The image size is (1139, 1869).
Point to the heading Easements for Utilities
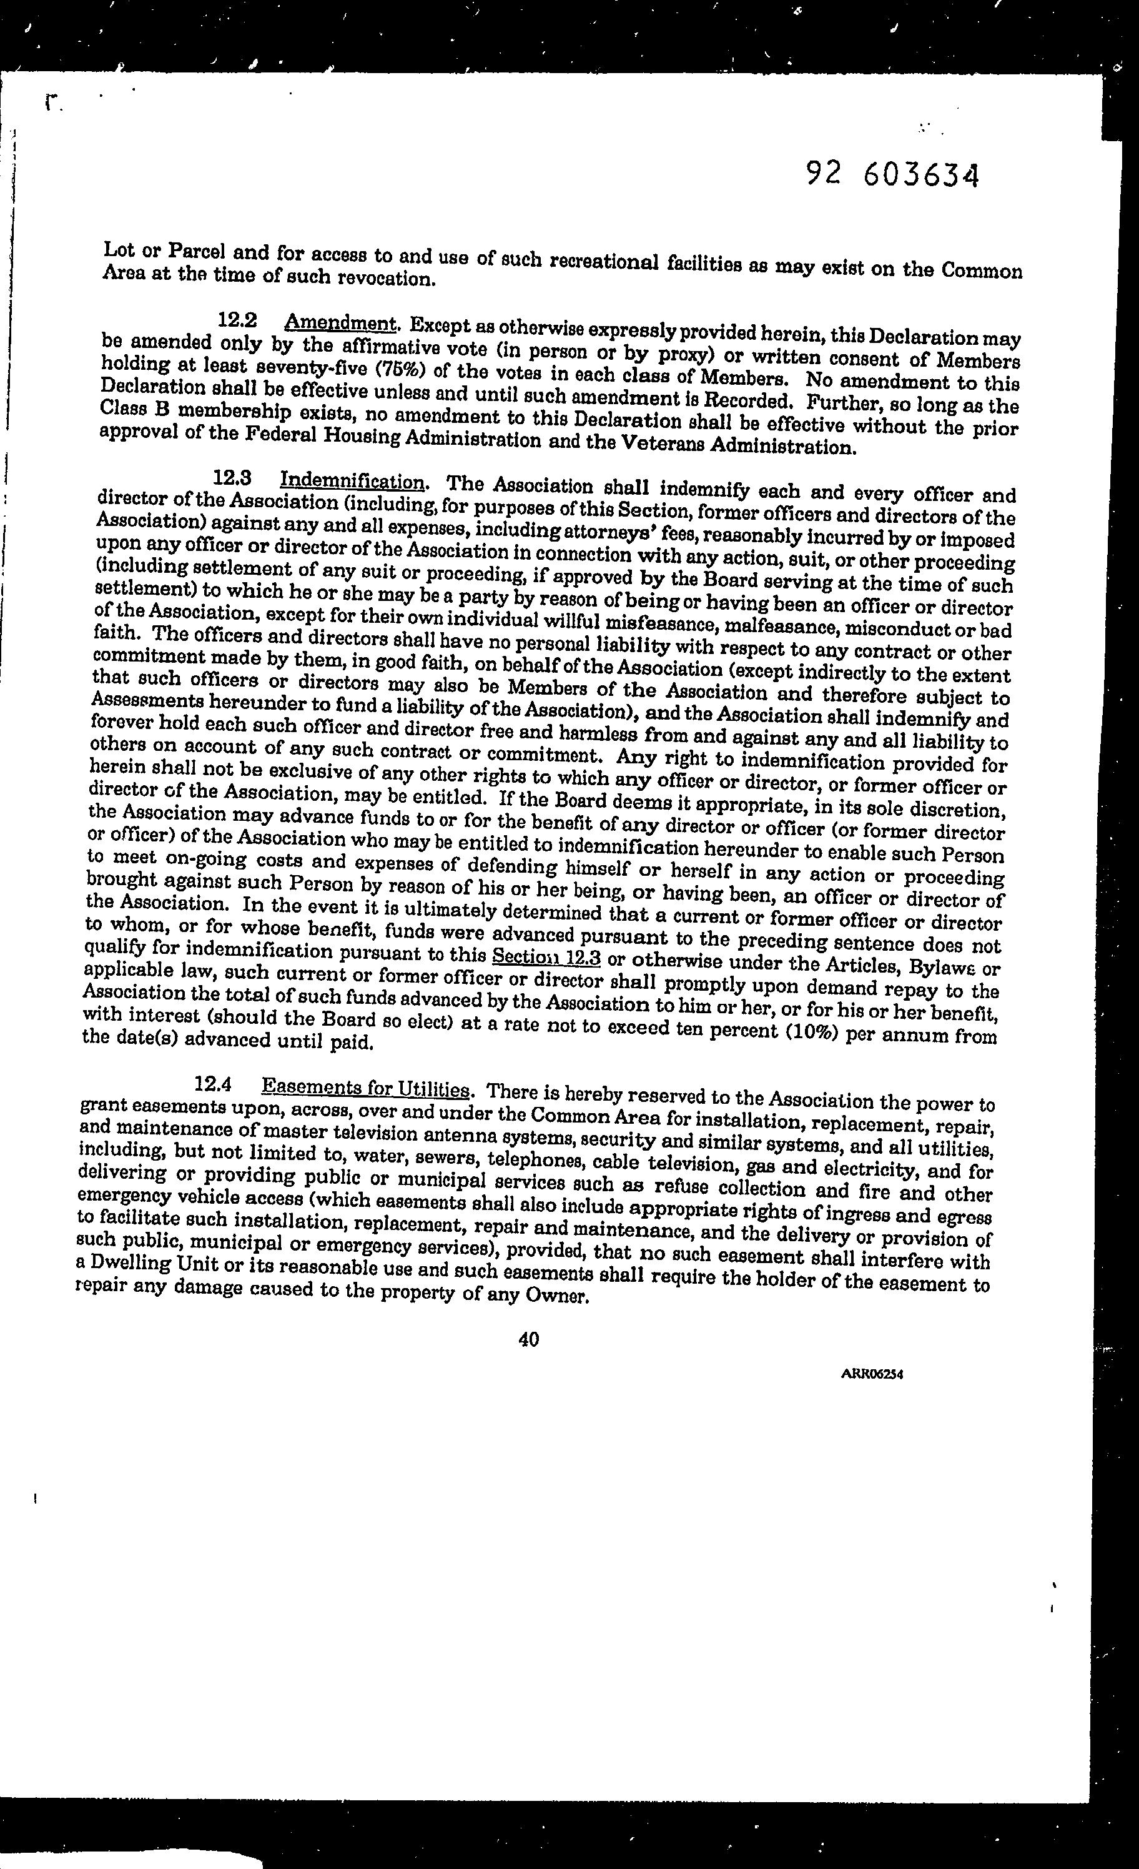(x=365, y=1088)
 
